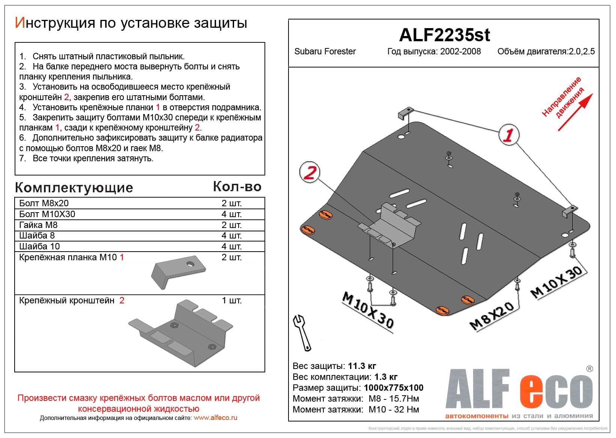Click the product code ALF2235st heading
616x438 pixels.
point(444,35)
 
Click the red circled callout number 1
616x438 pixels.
point(508,135)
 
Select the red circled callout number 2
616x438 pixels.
point(310,173)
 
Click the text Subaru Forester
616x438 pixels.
point(325,51)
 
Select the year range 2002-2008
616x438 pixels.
point(460,51)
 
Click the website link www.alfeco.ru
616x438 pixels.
point(215,418)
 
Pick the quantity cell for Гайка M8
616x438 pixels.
point(231,225)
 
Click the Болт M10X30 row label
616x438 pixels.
point(47,214)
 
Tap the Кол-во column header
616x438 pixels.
point(237,186)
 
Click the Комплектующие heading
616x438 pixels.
point(74,187)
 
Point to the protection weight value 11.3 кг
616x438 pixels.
point(362,366)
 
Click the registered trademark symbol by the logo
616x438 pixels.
point(589,369)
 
